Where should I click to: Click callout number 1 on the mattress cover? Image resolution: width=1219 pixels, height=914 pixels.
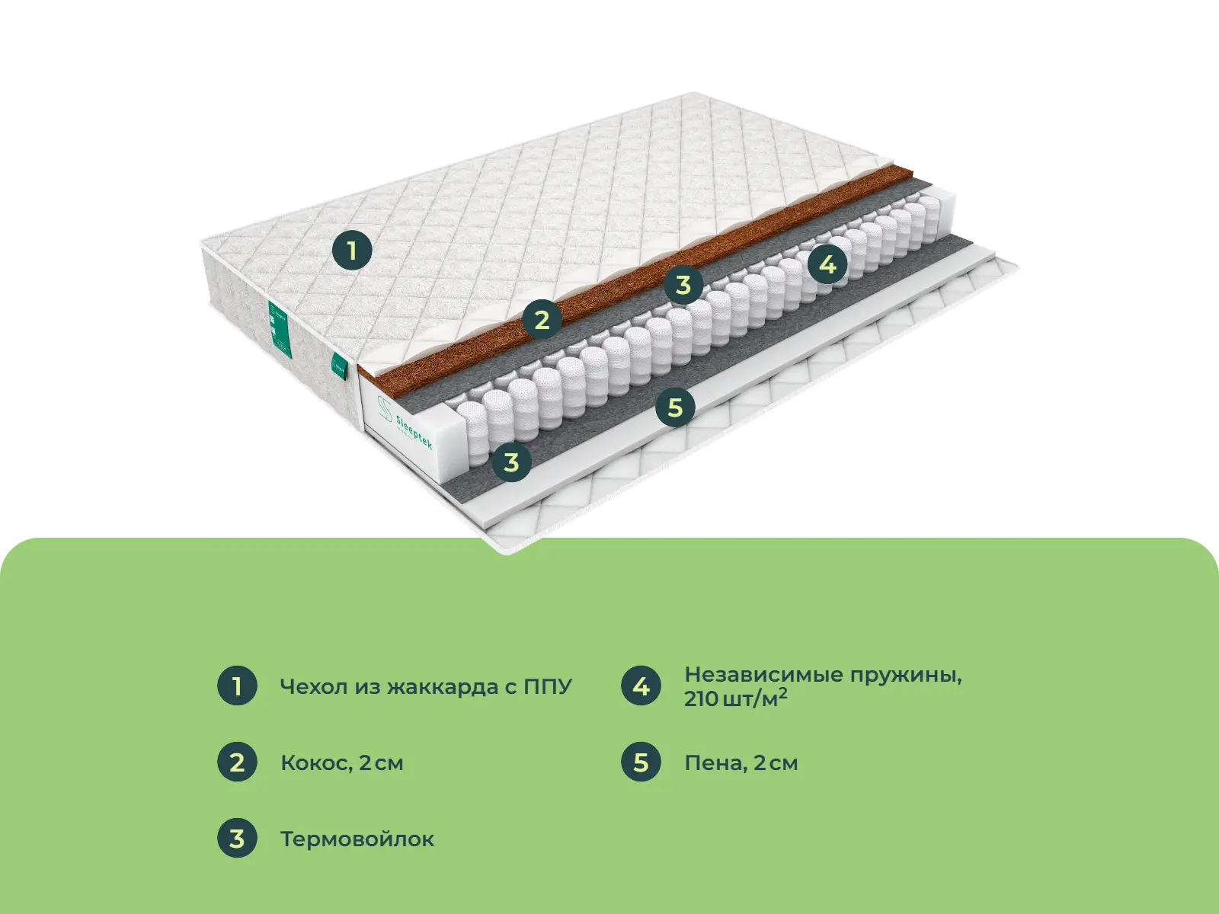click(352, 250)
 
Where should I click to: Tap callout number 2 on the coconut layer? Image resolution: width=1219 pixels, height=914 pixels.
click(542, 319)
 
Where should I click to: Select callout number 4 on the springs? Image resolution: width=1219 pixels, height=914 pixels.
click(827, 264)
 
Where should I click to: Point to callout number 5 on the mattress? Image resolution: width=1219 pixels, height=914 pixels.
click(675, 407)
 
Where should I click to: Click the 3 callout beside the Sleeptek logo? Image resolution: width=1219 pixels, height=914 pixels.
click(511, 462)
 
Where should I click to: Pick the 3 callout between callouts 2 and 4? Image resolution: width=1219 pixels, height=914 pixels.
click(683, 285)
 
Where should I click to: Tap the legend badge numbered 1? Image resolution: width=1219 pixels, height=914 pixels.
click(237, 685)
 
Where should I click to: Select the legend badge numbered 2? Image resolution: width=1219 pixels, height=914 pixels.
click(237, 762)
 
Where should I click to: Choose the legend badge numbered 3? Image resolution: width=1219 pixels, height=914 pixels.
click(237, 839)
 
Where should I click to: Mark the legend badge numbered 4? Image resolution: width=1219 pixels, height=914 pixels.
click(641, 685)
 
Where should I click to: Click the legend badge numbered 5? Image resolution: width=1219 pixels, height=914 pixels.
click(641, 762)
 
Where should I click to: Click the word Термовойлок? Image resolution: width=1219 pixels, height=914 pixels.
click(357, 839)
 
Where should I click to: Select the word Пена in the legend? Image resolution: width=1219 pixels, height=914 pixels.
click(715, 763)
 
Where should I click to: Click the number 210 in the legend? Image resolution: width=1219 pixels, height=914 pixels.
click(701, 699)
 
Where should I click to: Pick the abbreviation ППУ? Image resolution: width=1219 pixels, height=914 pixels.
click(547, 687)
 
